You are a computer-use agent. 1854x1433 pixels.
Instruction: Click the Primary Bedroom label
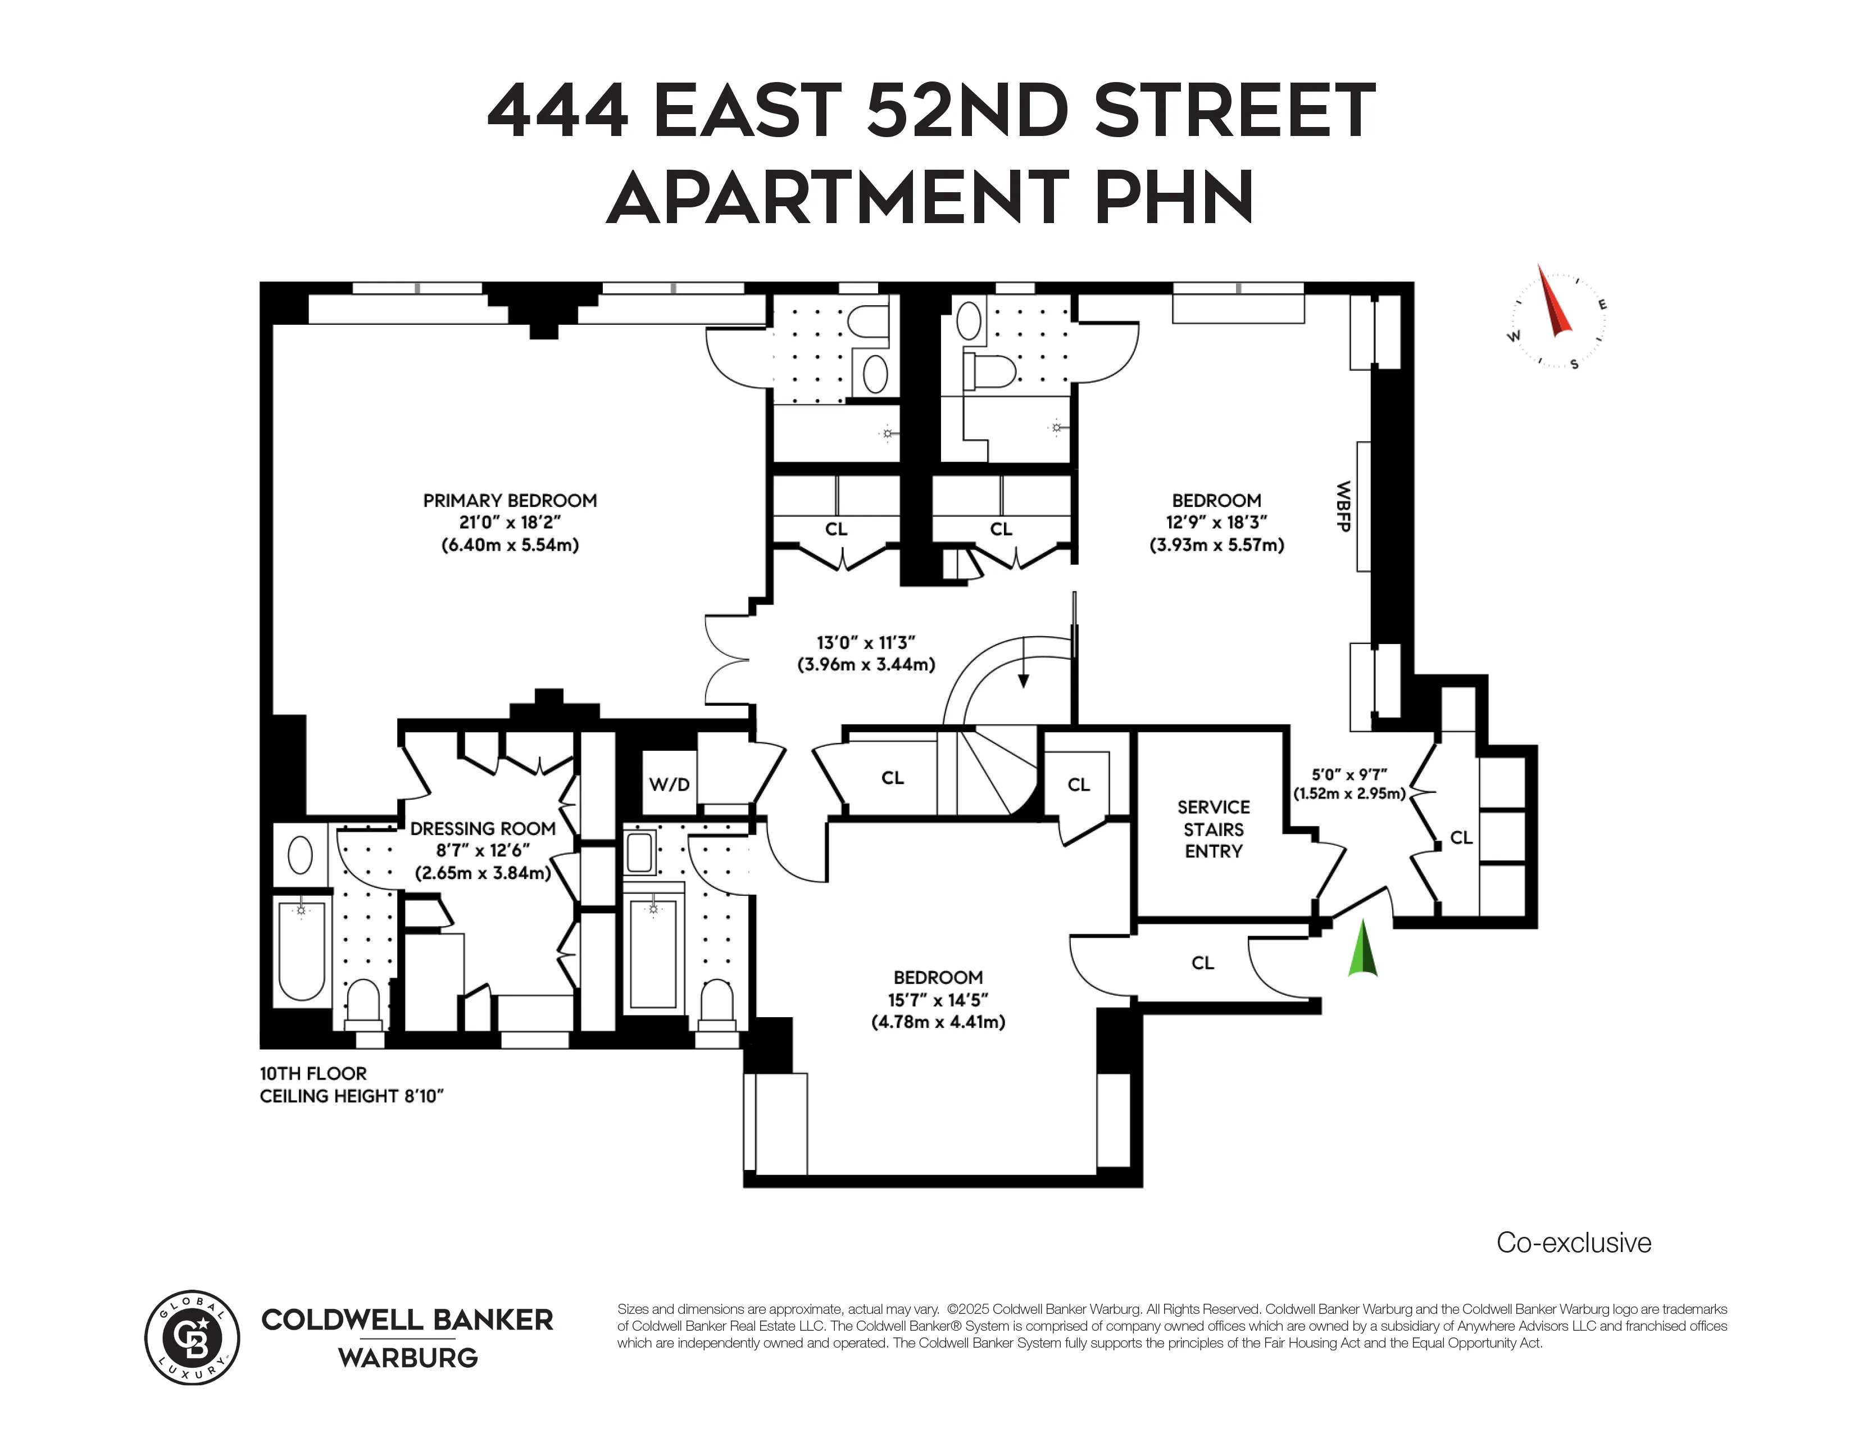point(510,501)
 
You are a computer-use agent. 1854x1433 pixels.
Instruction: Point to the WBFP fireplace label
point(1343,507)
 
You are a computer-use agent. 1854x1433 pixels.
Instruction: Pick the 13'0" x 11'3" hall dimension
point(866,643)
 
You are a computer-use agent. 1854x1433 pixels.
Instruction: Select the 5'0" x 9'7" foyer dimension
point(1349,774)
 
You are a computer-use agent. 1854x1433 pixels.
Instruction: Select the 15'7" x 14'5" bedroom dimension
point(938,1000)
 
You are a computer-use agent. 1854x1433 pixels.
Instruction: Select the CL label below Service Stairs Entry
point(1202,963)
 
